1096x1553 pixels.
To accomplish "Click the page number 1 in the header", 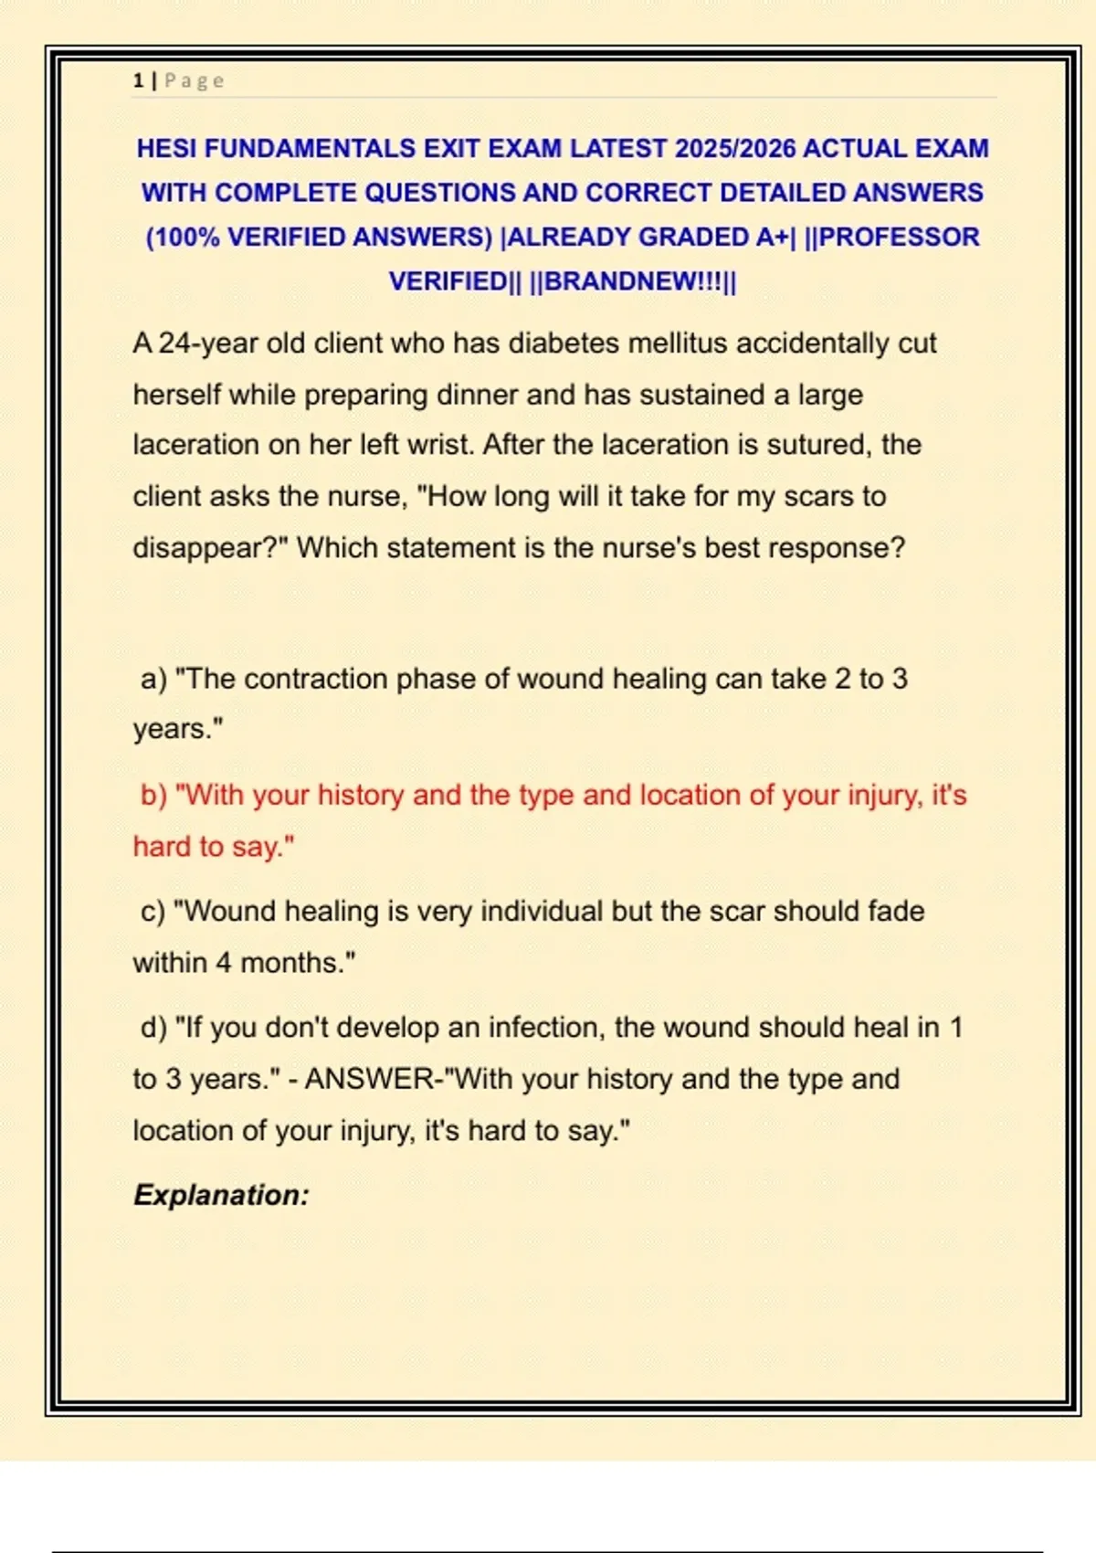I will pos(138,81).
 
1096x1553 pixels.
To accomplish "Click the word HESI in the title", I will pos(167,149).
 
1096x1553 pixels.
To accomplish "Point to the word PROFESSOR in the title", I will pos(900,238).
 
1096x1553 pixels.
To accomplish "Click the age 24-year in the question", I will pos(208,344).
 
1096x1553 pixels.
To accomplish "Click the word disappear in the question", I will pos(197,548).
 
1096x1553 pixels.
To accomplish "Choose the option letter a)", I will pos(153,680).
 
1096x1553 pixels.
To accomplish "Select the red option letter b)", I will pos(153,796).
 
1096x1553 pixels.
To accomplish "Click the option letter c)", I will pos(153,912).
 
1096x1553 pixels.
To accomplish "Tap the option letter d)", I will pos(153,1028).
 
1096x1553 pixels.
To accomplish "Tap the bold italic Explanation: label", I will pos(221,1196).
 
